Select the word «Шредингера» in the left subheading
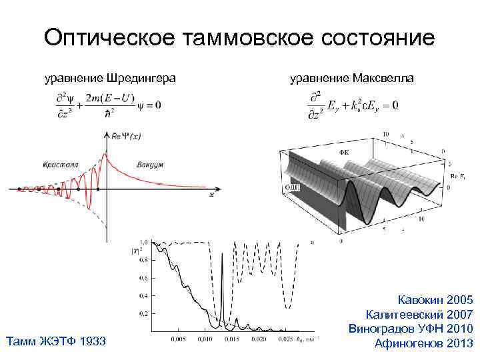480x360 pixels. pos(140,79)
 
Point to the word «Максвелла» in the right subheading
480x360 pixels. pos(385,79)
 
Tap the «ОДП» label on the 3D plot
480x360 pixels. pos(293,188)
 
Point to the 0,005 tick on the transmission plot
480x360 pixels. pos(177,338)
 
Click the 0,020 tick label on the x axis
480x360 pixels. pos(258,338)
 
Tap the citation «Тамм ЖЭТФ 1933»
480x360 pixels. pos(55,342)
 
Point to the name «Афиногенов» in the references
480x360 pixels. pos(410,343)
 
